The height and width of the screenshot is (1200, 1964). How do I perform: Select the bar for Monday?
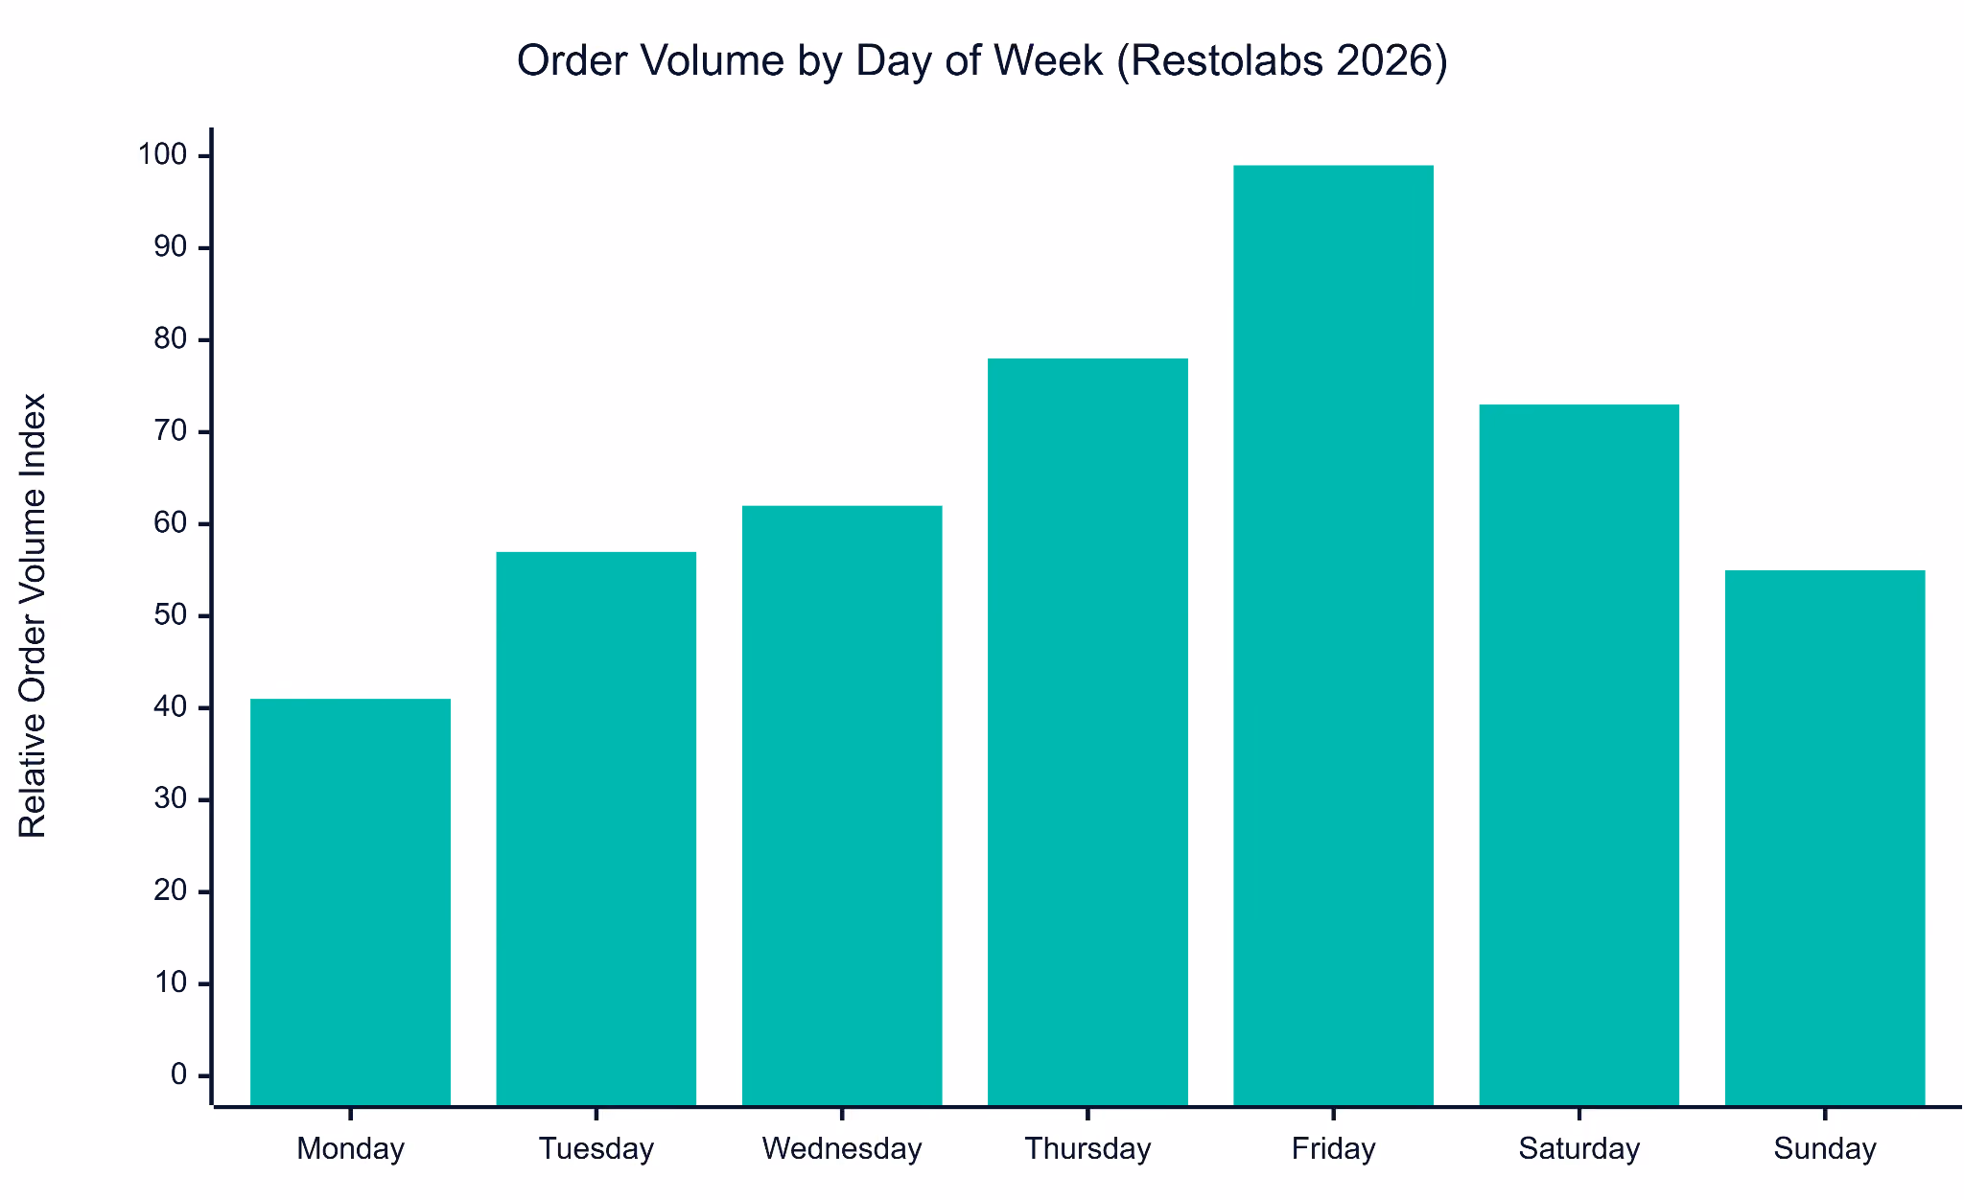(x=350, y=902)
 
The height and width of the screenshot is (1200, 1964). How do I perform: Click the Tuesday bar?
(x=596, y=829)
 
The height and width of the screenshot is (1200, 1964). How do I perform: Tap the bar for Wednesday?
(x=842, y=806)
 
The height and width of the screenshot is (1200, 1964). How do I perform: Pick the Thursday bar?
(x=1087, y=732)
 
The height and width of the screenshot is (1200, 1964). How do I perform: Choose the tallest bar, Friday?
(x=1333, y=635)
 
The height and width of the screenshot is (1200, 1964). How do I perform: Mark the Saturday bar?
(x=1579, y=755)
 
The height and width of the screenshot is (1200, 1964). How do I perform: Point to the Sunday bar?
(x=1825, y=839)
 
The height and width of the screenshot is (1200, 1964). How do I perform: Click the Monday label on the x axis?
(x=351, y=1149)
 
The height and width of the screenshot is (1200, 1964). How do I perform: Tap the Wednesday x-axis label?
(x=842, y=1149)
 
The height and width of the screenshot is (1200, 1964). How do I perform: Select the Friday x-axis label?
(x=1334, y=1149)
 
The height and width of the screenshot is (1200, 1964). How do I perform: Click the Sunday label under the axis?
(x=1825, y=1149)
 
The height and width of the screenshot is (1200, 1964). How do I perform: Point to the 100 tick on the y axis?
(x=163, y=155)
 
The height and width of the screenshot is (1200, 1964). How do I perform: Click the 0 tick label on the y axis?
(x=179, y=1075)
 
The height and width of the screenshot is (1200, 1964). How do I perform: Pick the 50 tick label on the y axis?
(x=171, y=615)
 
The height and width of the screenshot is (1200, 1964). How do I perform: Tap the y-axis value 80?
(x=171, y=339)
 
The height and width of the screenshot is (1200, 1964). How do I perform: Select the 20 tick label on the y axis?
(x=171, y=891)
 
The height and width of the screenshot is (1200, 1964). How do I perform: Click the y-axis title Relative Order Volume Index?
(x=33, y=615)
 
